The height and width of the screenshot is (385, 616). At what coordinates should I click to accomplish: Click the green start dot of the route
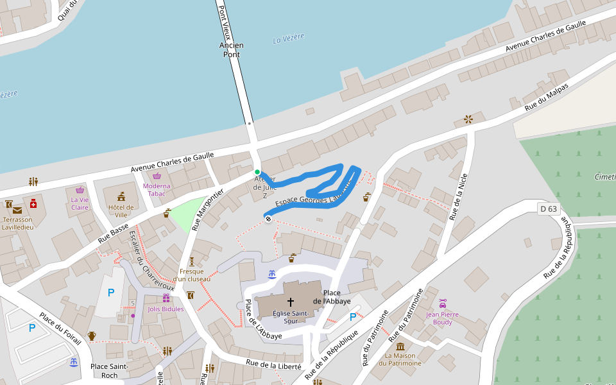257,172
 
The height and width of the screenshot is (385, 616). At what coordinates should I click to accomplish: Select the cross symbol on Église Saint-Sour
290,301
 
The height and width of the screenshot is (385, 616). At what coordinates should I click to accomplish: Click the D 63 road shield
549,209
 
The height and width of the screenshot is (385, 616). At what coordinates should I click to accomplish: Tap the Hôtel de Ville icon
121,196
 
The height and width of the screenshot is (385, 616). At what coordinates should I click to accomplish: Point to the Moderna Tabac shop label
157,190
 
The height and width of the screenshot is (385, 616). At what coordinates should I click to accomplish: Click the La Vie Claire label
80,203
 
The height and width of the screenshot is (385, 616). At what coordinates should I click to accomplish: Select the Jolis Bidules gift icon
166,298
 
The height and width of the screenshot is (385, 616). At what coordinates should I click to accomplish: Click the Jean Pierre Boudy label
443,318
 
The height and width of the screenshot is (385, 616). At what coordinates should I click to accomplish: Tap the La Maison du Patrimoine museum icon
400,346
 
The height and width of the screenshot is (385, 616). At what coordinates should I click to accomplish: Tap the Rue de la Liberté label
273,364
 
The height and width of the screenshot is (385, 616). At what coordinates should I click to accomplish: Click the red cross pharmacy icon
33,203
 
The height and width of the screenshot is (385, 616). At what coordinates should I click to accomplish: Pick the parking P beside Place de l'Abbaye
352,316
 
